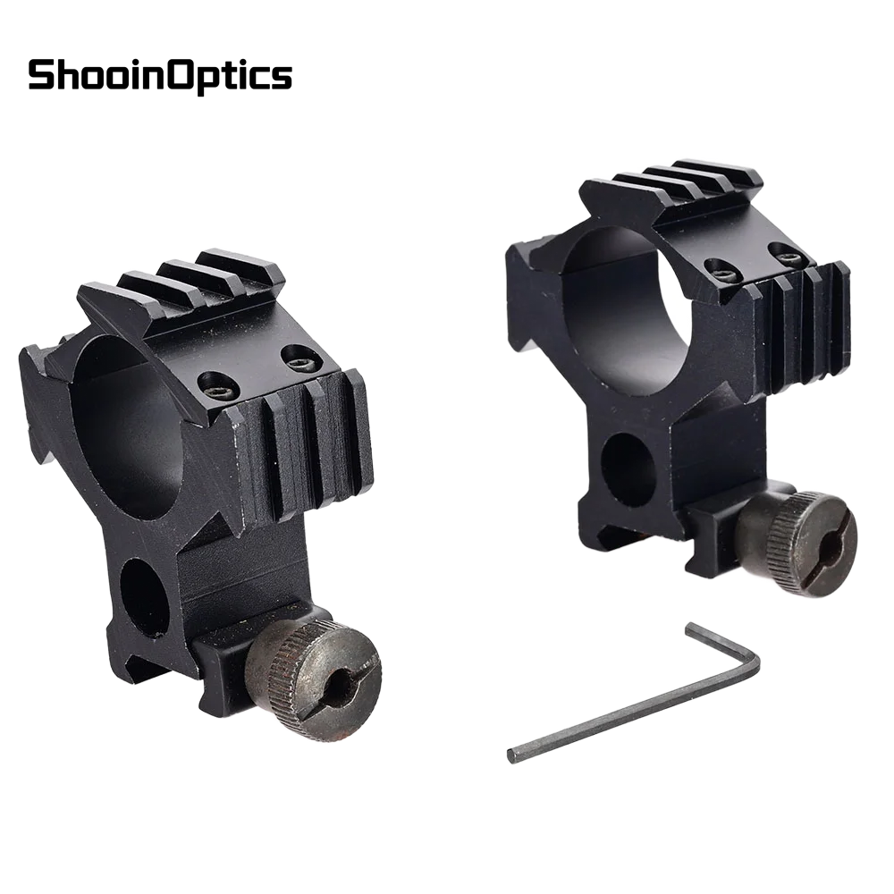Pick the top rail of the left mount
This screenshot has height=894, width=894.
[188, 286]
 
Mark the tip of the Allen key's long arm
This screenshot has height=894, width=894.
[513, 755]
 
